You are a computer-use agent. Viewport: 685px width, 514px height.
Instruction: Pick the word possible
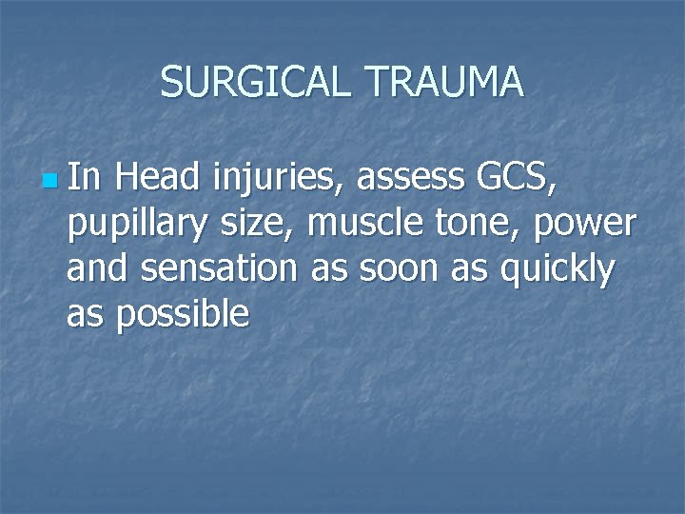tap(183, 315)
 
